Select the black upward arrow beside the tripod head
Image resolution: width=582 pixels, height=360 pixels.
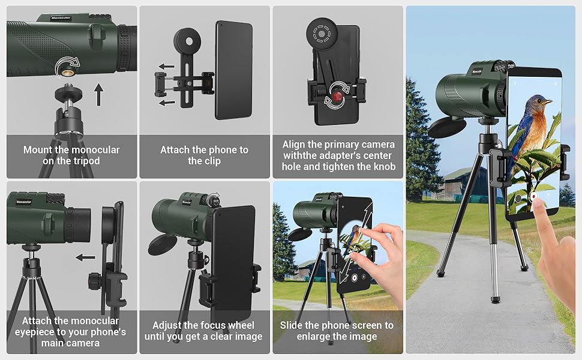(98, 94)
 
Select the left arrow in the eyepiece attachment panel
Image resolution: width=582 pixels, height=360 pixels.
(85, 258)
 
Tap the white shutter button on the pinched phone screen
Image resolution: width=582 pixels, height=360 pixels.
(355, 278)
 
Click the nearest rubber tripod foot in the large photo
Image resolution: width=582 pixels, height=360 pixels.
(494, 298)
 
